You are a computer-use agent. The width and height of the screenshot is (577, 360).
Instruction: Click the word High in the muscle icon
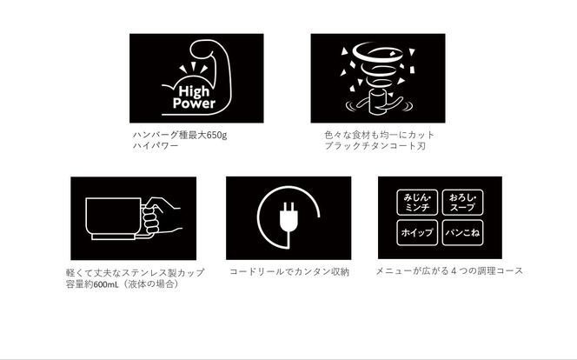click(194, 91)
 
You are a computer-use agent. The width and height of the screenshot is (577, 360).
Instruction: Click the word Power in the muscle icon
click(194, 103)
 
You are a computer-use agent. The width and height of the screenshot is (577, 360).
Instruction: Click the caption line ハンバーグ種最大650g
click(180, 135)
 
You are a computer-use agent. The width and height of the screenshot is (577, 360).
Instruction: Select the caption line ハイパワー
click(156, 146)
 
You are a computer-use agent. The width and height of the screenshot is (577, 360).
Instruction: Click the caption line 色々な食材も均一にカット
click(380, 135)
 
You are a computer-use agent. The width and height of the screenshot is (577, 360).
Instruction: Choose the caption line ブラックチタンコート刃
click(375, 146)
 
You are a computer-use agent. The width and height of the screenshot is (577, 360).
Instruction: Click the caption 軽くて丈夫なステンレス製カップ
click(135, 273)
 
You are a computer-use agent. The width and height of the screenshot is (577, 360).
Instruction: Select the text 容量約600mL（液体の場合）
click(123, 284)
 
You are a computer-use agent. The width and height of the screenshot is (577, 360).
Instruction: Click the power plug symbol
click(288, 217)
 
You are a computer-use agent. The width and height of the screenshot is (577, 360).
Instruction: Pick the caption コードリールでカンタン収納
click(289, 272)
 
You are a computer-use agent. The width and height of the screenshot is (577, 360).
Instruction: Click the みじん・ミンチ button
click(417, 203)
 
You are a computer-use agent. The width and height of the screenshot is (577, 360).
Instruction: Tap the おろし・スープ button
click(462, 203)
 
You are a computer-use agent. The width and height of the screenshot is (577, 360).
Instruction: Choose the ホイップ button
click(417, 233)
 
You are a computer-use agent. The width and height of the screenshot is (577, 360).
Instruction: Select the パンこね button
click(462, 233)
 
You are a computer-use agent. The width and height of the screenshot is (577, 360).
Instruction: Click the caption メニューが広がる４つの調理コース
click(449, 271)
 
